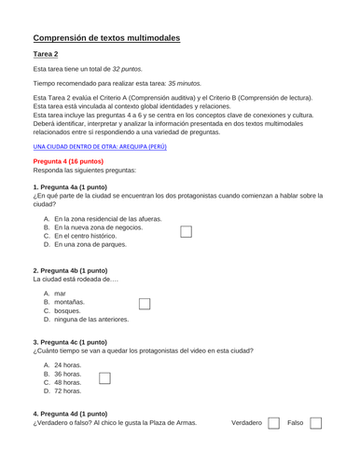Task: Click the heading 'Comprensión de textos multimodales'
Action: click(106, 38)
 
